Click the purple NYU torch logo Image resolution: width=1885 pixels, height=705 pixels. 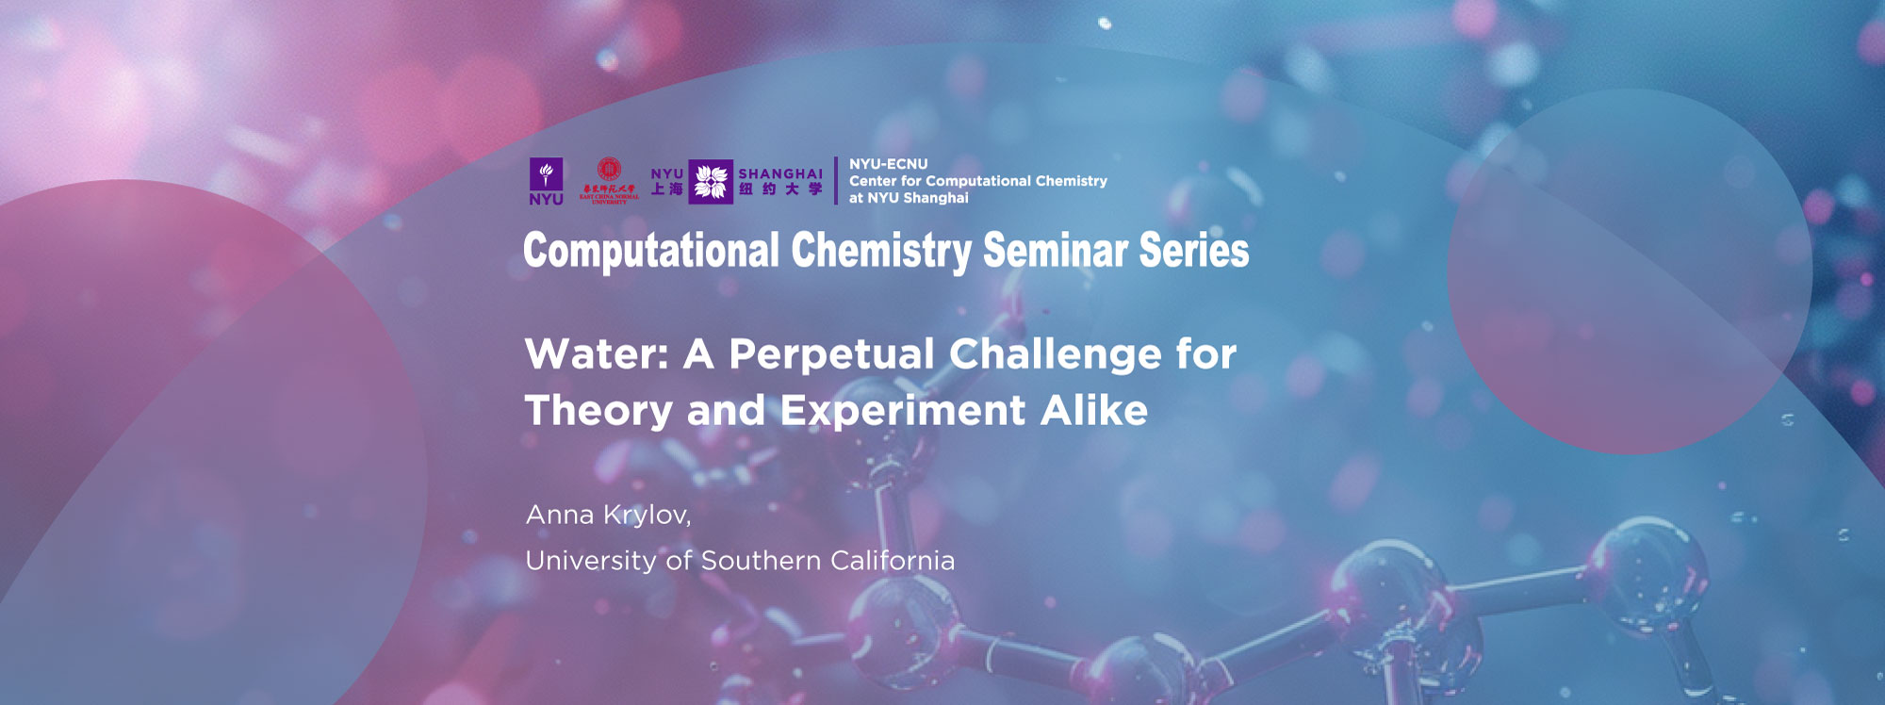pos(546,175)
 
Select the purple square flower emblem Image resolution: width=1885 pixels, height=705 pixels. pos(711,181)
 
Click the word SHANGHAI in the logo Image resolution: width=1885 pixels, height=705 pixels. pos(780,173)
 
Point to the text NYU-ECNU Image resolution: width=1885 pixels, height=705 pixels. pos(888,164)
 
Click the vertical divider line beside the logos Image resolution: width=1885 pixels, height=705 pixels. pos(836,181)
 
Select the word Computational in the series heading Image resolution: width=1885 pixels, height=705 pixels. pos(651,251)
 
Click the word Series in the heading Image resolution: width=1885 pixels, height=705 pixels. pos(1194,251)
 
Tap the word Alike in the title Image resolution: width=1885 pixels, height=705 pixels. pos(1094,411)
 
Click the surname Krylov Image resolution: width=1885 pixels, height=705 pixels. pos(647,516)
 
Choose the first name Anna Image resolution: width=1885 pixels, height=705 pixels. pos(560,516)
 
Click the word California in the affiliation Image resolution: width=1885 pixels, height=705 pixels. pos(893,561)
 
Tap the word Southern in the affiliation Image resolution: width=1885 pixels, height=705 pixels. pos(761,561)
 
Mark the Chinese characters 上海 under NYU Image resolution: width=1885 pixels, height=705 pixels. pos(667,189)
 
